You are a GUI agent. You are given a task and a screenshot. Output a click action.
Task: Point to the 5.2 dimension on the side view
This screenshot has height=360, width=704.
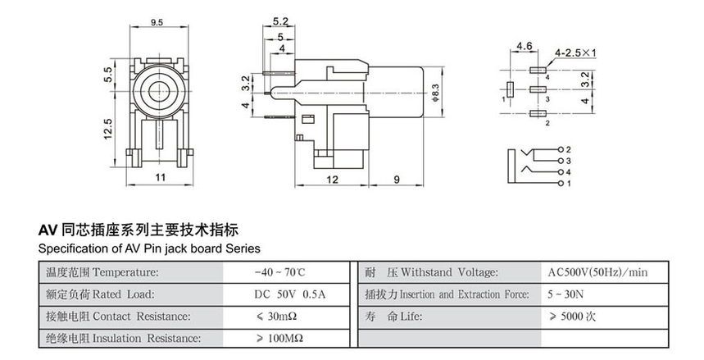pyautogui.click(x=280, y=21)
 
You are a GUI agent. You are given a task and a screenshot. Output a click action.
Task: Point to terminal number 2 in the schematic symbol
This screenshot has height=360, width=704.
pyautogui.click(x=562, y=150)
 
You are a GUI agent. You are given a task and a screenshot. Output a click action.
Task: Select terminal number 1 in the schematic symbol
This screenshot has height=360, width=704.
pyautogui.click(x=562, y=184)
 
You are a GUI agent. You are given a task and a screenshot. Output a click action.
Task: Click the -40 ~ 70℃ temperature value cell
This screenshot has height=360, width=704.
pyautogui.click(x=279, y=272)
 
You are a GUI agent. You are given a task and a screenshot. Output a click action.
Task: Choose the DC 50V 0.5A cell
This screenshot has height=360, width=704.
pyautogui.click(x=279, y=294)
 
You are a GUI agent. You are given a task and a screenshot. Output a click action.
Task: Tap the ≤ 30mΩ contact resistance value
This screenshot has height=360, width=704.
pyautogui.click(x=279, y=316)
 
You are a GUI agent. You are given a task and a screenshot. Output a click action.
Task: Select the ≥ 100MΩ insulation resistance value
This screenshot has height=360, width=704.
pyautogui.click(x=279, y=338)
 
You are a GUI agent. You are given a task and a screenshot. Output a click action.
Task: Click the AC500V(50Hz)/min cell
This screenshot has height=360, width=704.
pyautogui.click(x=597, y=272)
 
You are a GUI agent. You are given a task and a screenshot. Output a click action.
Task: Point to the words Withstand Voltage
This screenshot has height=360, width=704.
pyautogui.click(x=442, y=272)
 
